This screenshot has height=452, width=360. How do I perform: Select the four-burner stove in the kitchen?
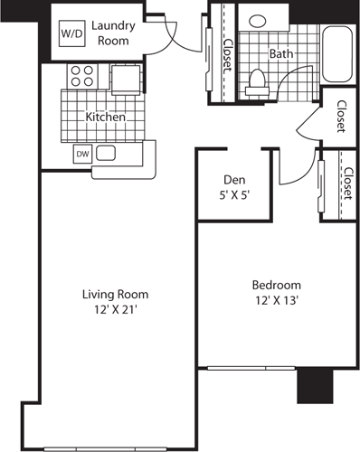78,75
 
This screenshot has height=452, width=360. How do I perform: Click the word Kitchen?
105,117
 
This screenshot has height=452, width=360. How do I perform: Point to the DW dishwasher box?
81,153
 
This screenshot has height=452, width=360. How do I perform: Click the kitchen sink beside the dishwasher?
105,153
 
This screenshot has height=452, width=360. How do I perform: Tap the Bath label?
279,53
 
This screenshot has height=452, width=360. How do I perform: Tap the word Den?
234,180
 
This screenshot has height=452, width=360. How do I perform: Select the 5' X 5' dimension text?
234,195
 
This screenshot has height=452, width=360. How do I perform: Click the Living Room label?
115,294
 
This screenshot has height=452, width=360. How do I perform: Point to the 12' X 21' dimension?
115,309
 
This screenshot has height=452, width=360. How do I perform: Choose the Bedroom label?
277,286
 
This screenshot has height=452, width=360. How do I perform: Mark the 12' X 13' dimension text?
277,301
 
